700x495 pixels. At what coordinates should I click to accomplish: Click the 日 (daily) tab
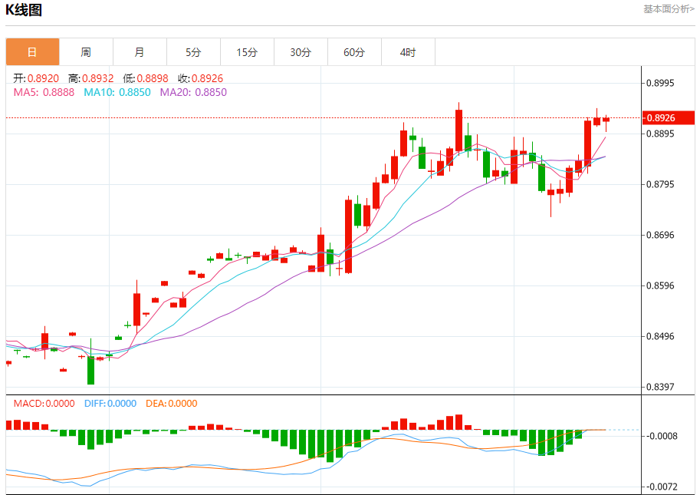pos(32,52)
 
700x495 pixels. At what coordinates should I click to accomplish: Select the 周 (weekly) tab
pos(86,52)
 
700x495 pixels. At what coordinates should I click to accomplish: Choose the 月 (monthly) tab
pos(140,52)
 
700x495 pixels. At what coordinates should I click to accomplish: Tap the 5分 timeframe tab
pos(193,52)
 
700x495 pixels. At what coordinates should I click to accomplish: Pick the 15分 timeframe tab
pos(247,52)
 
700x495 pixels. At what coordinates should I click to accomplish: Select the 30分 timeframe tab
pos(301,52)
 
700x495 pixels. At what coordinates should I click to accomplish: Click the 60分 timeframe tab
pos(354,52)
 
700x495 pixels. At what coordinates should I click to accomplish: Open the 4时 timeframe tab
pos(408,52)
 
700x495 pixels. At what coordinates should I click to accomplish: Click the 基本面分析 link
pos(669,9)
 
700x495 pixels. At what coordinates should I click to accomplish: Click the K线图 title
pos(25,10)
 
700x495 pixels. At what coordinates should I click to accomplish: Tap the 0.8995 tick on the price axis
pos(664,83)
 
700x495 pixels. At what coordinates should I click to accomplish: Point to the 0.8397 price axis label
pos(664,387)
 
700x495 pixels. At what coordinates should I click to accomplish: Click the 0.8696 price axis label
pos(664,235)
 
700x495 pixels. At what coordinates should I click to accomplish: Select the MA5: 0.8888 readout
pos(44,92)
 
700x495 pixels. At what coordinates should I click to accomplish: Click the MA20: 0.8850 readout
pos(193,92)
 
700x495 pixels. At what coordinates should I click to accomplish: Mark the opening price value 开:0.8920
pos(36,78)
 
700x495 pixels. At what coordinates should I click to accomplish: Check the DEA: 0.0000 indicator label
pos(171,404)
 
